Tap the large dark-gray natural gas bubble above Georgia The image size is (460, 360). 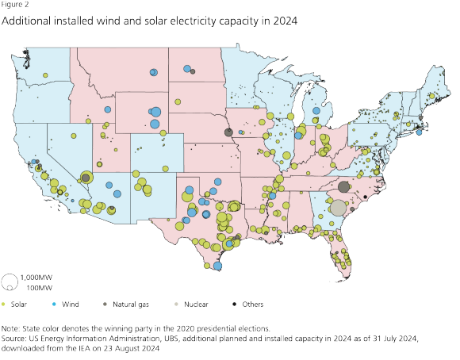coord(343,187)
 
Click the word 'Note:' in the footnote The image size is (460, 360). coord(13,327)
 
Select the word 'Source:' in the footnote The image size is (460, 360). coord(17,336)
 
